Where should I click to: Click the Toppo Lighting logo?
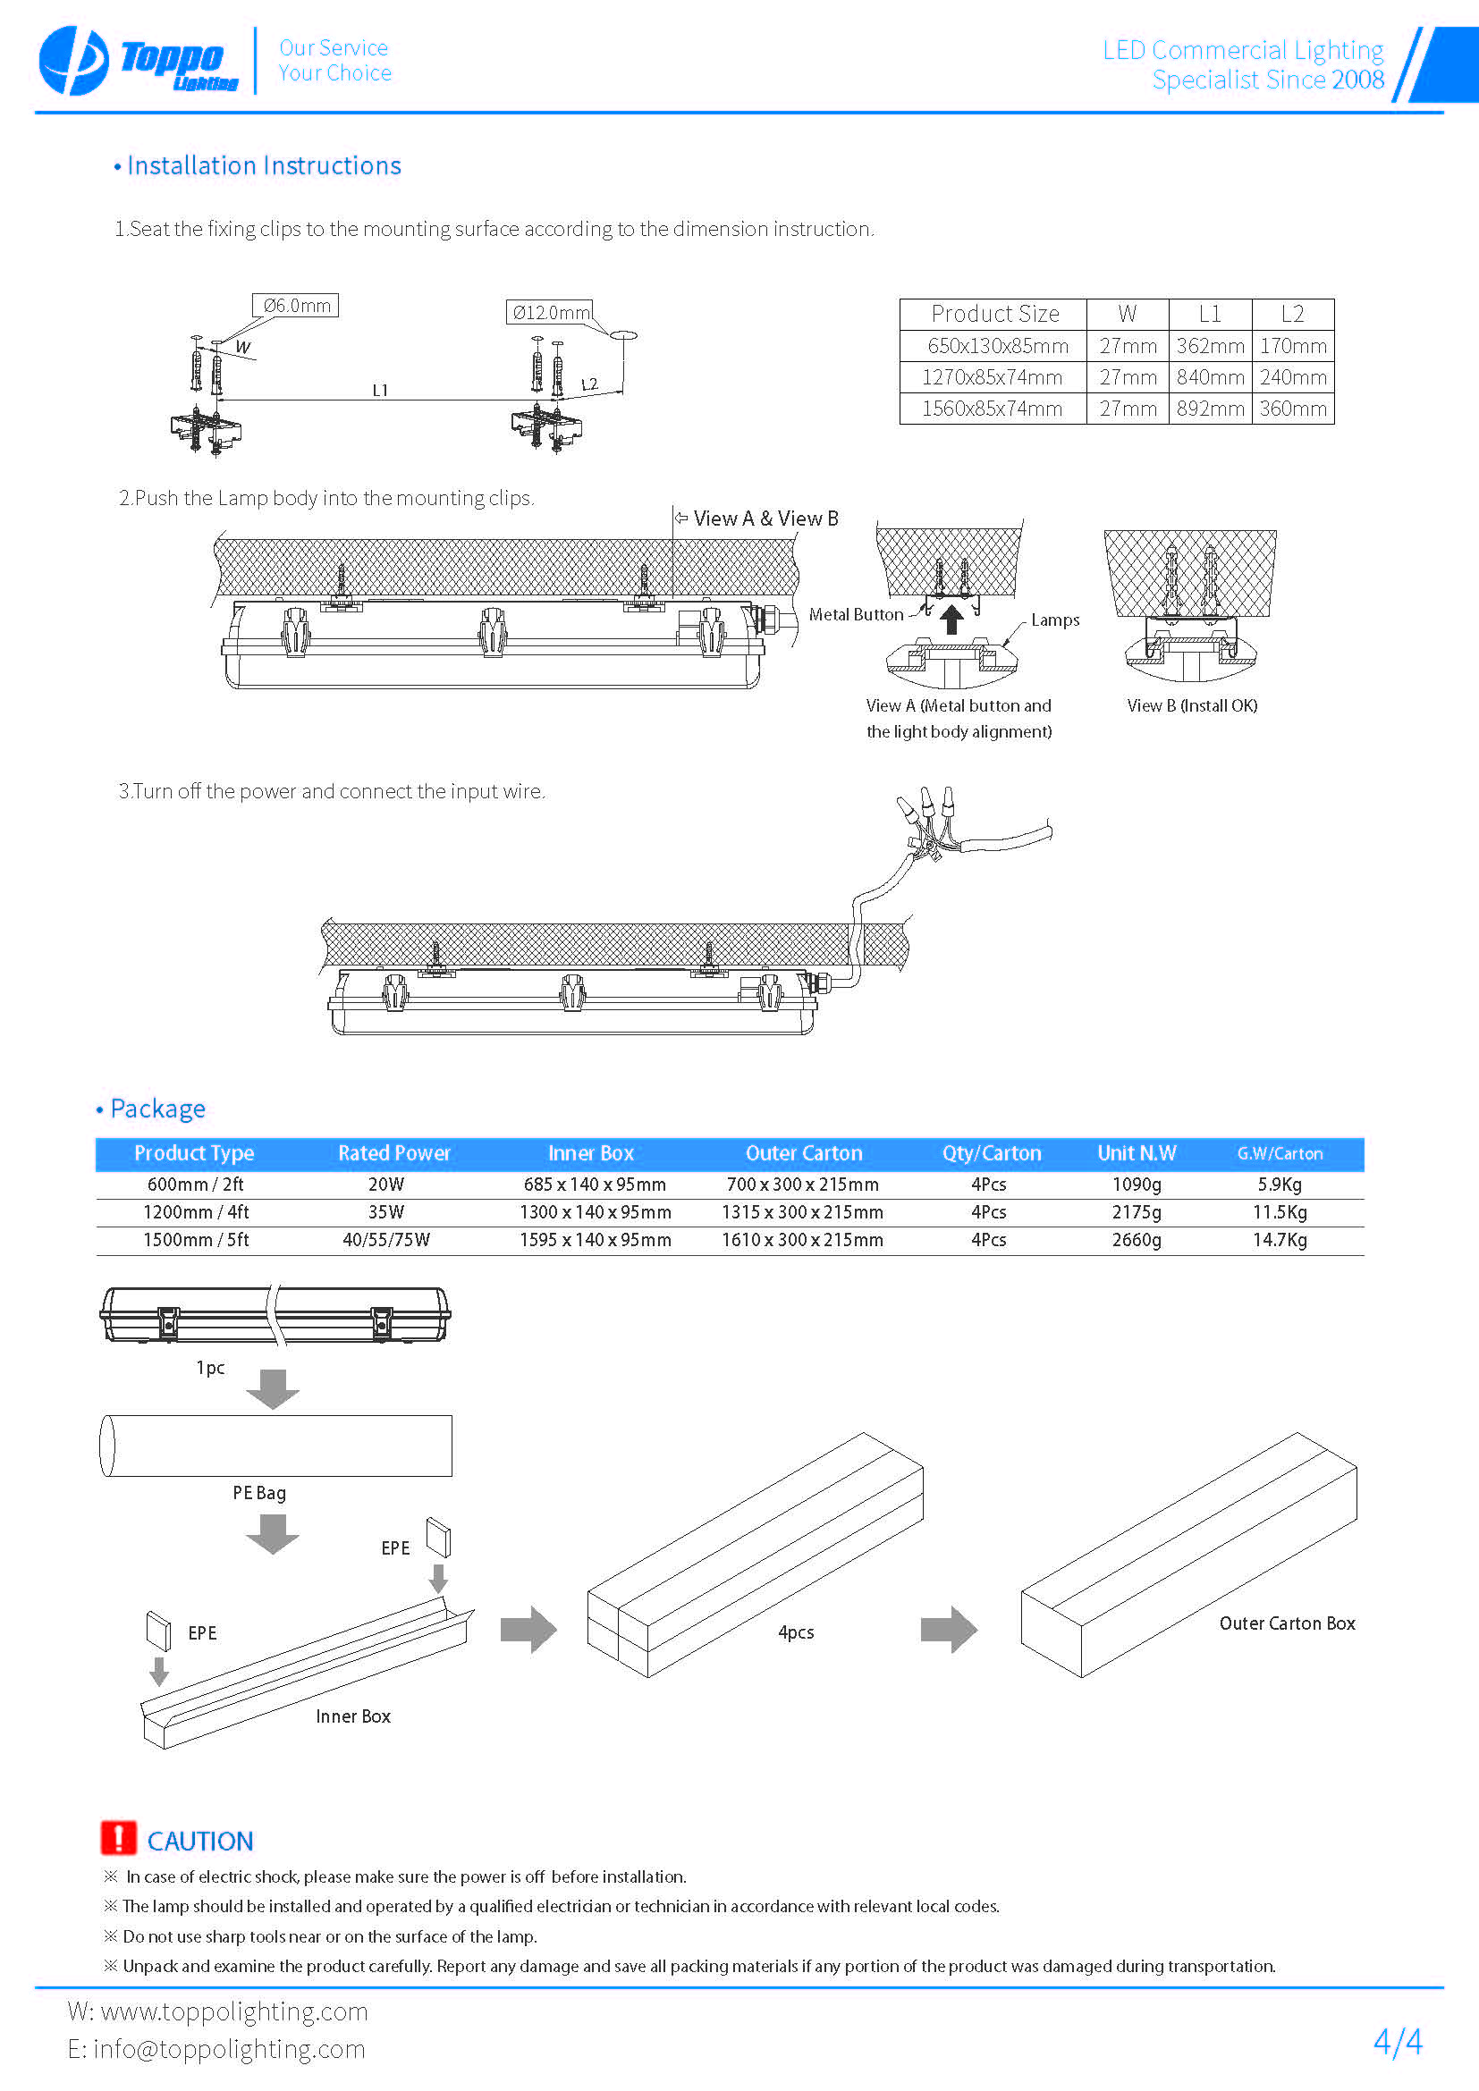pos(139,61)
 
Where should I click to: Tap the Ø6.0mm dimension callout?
pos(295,306)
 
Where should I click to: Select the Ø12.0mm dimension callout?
pos(549,313)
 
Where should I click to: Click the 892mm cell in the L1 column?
pos(1210,409)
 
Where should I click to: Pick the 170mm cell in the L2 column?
pos(1292,346)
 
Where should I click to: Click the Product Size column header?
pos(994,314)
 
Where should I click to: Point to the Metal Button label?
pos(855,615)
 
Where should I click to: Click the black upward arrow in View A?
pos(951,620)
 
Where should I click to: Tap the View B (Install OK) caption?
pos(1191,706)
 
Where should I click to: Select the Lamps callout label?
pos(1054,620)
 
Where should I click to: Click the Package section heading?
pos(157,1109)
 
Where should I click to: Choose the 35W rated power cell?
pos(386,1212)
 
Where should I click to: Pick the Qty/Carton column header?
pos(991,1153)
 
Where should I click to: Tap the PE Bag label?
pos(259,1493)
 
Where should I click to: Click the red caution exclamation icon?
pos(118,1838)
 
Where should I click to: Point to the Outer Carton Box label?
pos(1287,1623)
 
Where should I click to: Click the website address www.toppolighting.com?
pos(234,2011)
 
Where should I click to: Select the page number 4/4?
pos(1397,2042)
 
